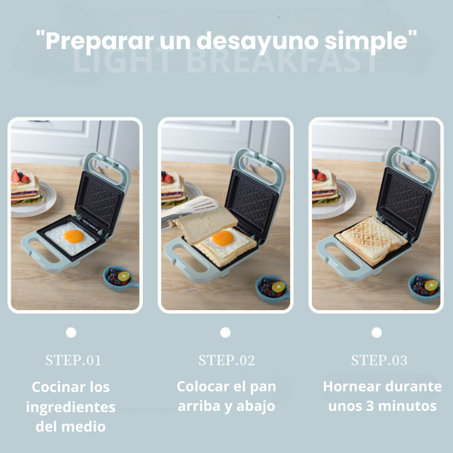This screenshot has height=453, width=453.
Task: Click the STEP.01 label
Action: [x=73, y=361]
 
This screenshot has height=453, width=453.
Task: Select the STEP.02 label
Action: [x=226, y=361]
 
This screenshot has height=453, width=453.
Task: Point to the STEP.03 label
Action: [x=379, y=361]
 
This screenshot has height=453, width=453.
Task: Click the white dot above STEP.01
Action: [x=71, y=332]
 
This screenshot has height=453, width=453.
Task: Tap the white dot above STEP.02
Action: [x=225, y=332]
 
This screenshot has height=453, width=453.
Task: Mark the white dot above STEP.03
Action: [x=377, y=332]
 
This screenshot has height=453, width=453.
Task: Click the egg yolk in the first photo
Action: [x=74, y=237]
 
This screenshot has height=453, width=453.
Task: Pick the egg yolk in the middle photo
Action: [x=223, y=238]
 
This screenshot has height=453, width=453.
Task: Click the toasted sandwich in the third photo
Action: [x=372, y=240]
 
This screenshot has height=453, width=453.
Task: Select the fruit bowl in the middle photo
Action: [x=272, y=288]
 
